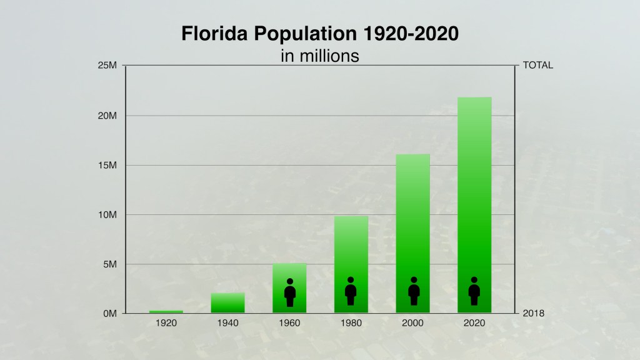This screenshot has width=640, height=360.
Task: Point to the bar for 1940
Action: (x=227, y=302)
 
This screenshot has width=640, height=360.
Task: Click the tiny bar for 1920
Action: (x=166, y=311)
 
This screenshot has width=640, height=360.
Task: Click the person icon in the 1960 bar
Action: (x=289, y=292)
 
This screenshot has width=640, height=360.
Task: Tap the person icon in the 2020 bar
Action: (x=474, y=291)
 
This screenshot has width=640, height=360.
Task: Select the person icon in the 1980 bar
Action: (x=351, y=291)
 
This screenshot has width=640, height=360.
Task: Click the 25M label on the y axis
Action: (x=107, y=66)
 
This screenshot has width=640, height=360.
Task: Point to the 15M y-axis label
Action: (x=107, y=165)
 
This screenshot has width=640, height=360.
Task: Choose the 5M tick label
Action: (x=109, y=264)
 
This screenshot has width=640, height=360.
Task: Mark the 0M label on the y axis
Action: (x=109, y=313)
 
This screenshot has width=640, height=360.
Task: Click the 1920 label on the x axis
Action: (x=166, y=323)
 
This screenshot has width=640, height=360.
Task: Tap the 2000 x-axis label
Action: (x=412, y=323)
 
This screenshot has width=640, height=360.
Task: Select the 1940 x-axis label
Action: (x=227, y=323)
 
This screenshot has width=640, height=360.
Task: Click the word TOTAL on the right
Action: (x=537, y=66)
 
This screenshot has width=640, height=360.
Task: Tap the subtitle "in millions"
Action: (x=320, y=56)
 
